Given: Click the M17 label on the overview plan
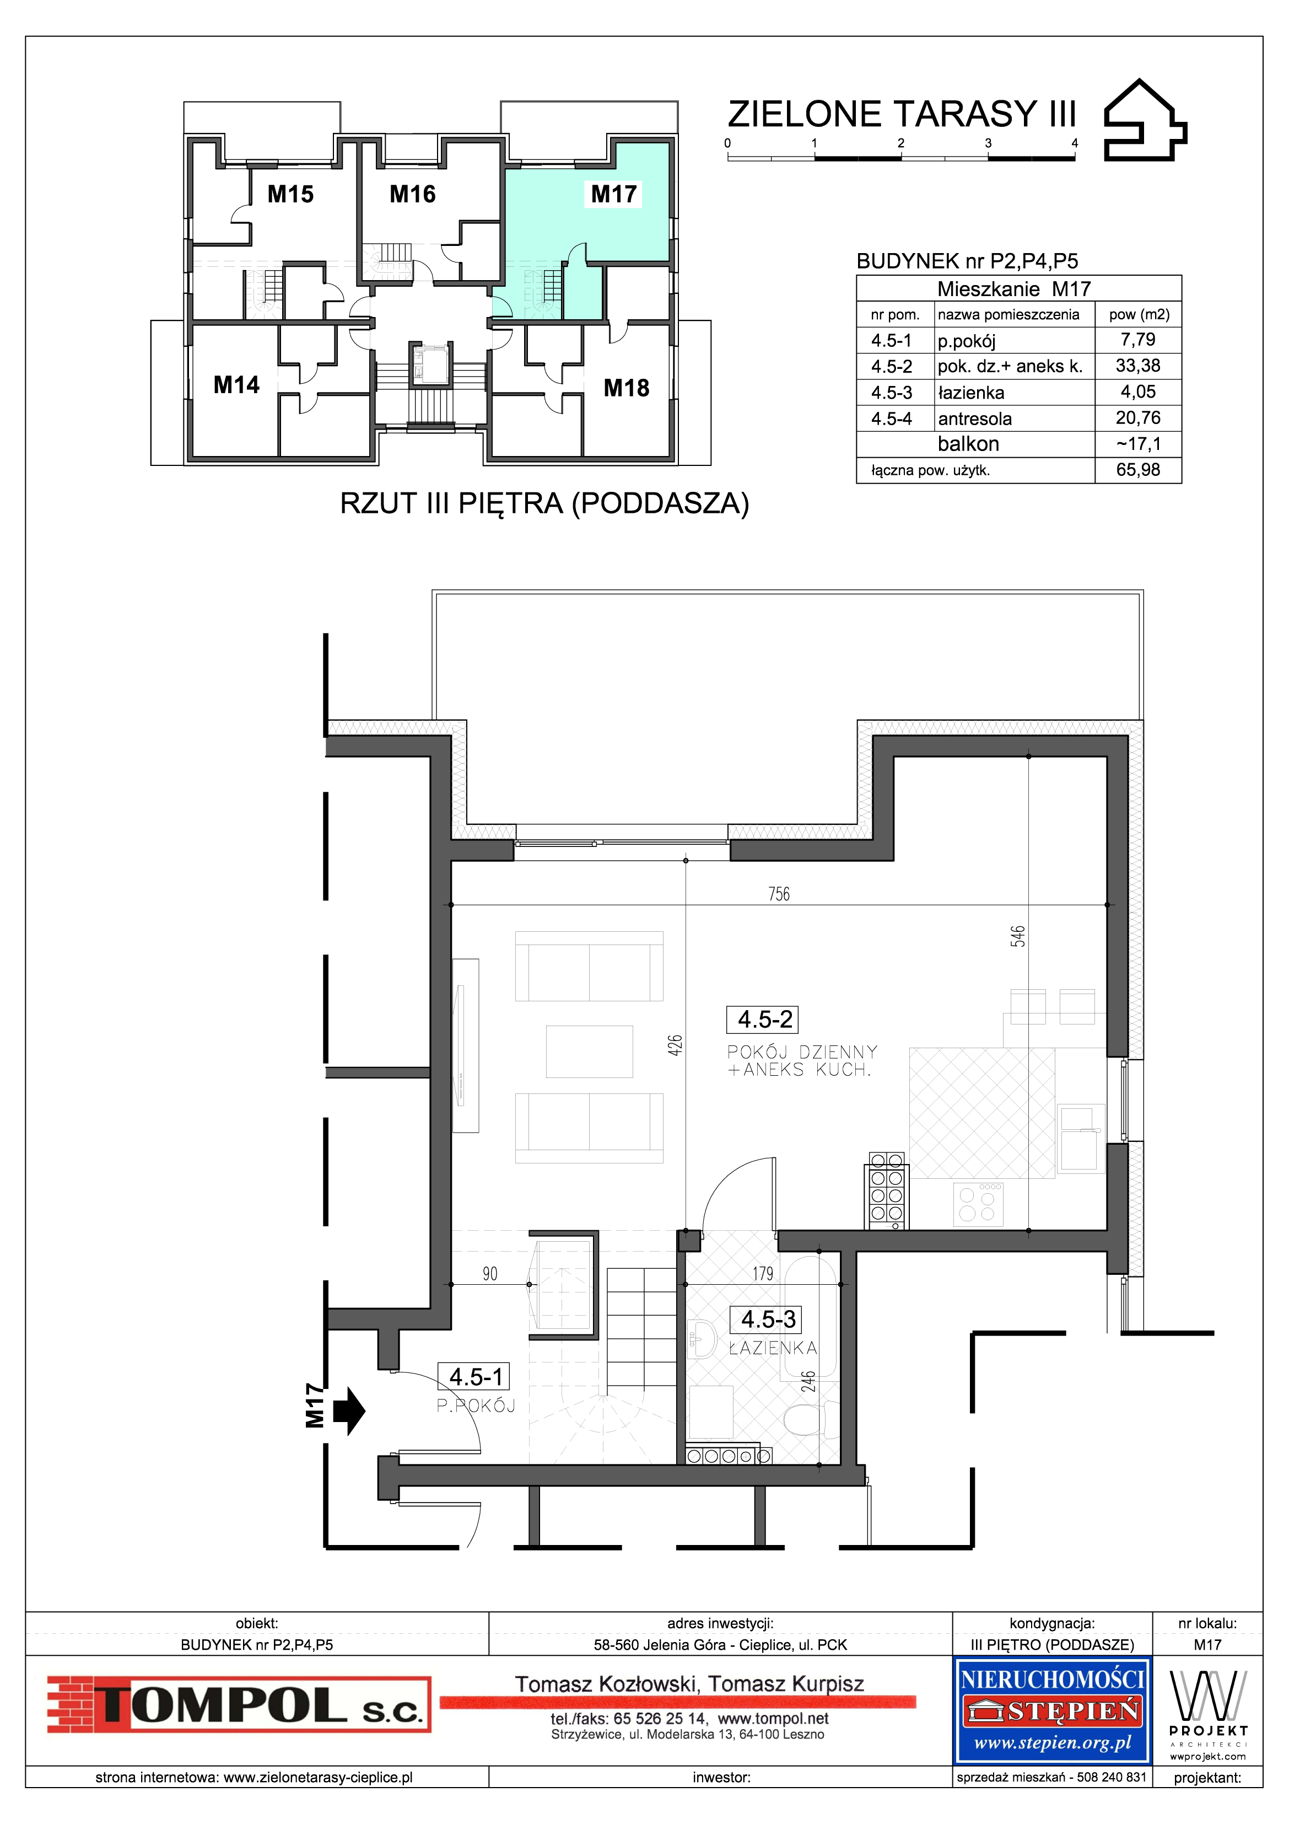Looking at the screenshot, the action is click(614, 194).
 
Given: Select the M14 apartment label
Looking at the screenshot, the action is click(236, 385).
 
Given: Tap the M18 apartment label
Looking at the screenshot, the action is click(627, 389).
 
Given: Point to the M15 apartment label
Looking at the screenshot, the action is click(290, 194).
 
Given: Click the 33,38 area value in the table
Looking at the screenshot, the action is click(1138, 366).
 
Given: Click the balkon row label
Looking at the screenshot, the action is click(968, 444).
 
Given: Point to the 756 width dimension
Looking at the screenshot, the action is click(779, 894).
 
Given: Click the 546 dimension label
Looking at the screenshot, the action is click(1018, 936).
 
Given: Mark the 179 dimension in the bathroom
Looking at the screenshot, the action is click(763, 1274).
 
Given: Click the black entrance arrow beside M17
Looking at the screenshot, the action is click(349, 1411).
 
